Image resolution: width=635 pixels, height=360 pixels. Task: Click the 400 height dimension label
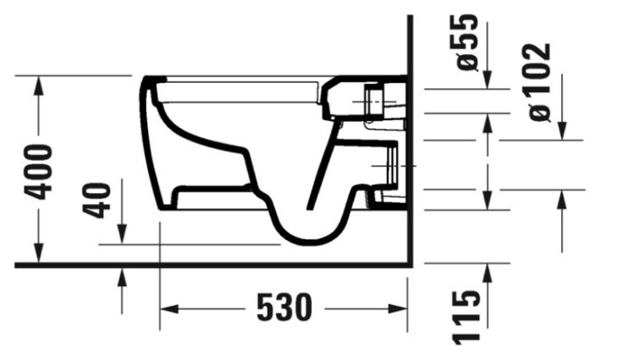(x=38, y=172)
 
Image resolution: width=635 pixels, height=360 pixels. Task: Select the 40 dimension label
(x=97, y=201)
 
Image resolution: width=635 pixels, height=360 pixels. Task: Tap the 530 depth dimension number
(x=284, y=307)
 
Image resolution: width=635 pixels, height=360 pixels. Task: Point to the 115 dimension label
(x=467, y=318)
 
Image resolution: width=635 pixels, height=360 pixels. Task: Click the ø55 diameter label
(x=467, y=42)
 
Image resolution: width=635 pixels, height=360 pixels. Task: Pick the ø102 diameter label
(x=540, y=82)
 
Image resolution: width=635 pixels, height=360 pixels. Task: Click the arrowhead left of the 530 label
(x=169, y=309)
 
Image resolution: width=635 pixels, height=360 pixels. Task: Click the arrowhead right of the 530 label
(x=398, y=309)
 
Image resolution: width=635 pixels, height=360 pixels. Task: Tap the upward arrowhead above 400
(x=38, y=86)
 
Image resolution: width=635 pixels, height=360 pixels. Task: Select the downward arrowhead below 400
(x=38, y=252)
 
